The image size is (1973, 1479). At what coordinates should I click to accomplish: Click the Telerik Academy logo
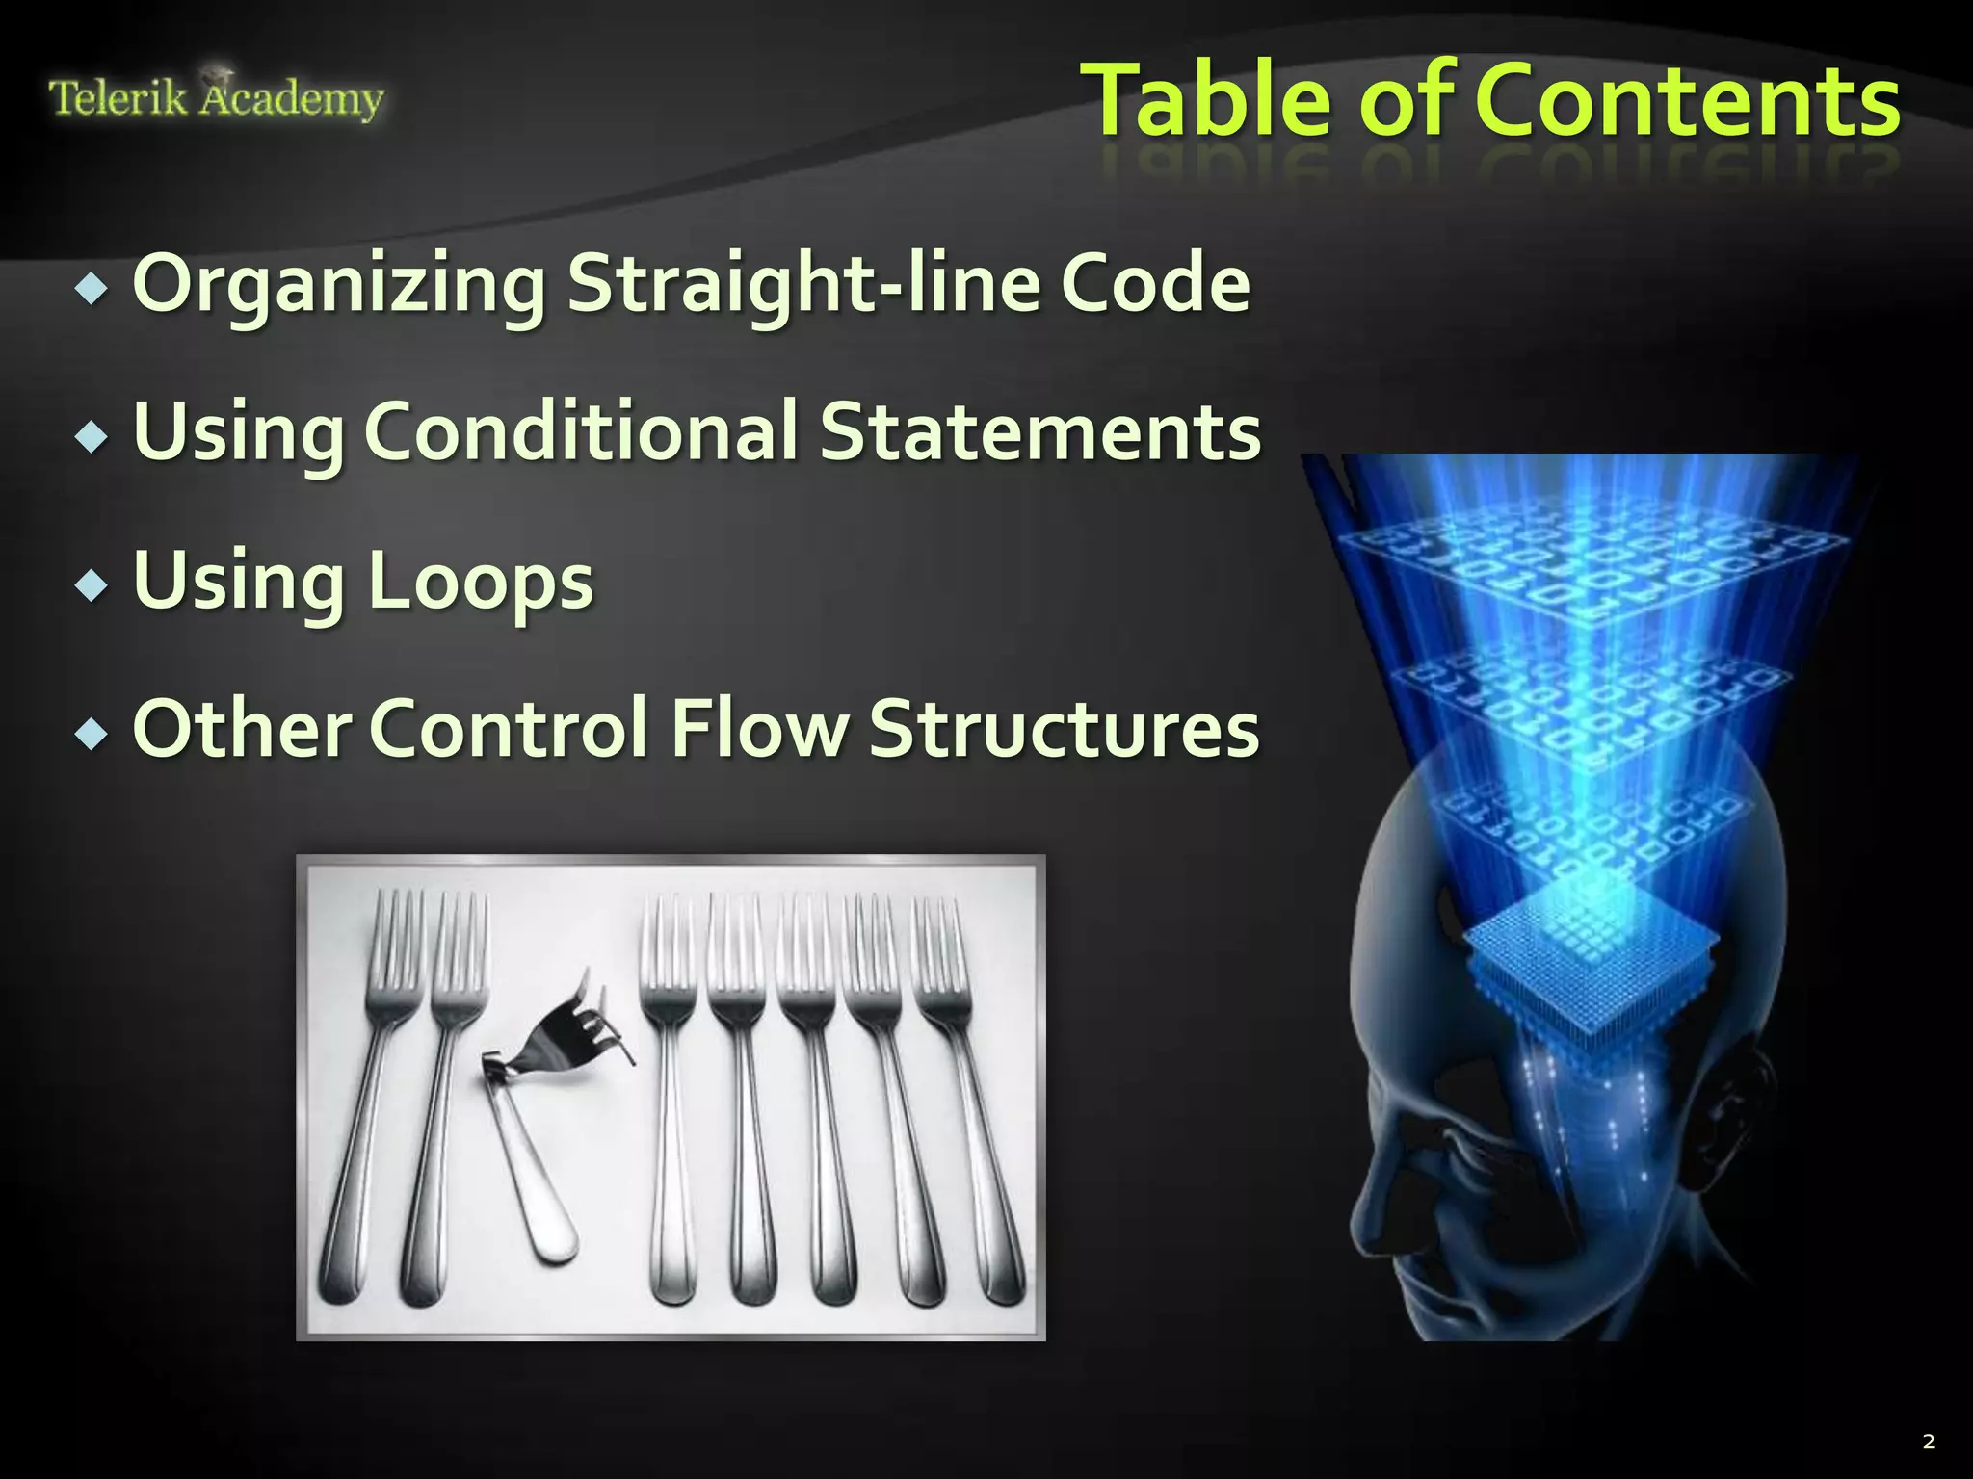(216, 98)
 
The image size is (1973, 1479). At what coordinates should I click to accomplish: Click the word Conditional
(582, 431)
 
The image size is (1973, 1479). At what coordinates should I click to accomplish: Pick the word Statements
(1039, 431)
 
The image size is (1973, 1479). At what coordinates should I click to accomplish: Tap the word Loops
(480, 582)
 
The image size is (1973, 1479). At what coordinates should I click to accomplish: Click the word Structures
(1064, 729)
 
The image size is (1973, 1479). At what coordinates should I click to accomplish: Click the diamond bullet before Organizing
(92, 288)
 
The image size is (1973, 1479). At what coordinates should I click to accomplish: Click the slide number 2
(1928, 1441)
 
